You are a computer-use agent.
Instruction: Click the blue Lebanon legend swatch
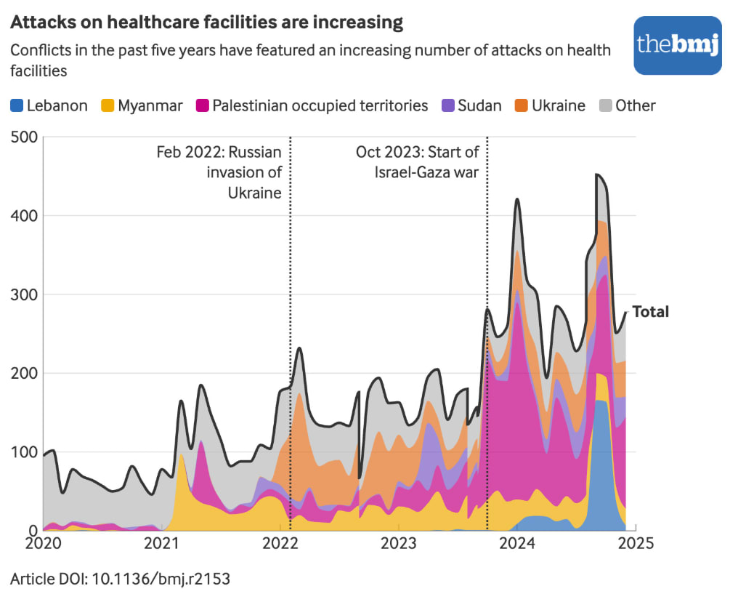click(x=17, y=105)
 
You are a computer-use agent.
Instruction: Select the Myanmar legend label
click(x=150, y=105)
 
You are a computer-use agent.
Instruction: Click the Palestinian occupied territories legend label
click(x=320, y=105)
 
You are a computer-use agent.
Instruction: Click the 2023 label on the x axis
click(x=398, y=544)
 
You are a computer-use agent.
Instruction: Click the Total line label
click(x=650, y=312)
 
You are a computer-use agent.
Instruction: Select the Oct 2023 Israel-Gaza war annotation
click(x=418, y=162)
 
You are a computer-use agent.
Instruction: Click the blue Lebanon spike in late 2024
click(x=601, y=465)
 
